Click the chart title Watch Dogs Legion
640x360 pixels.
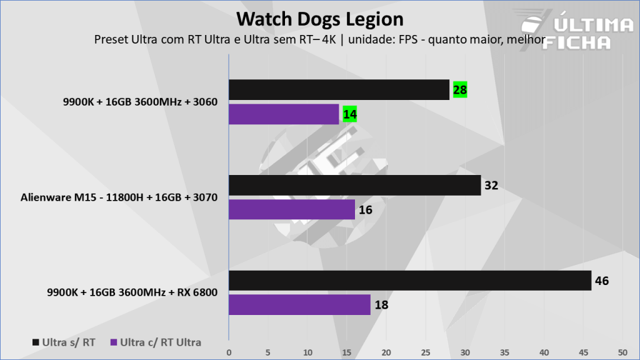coord(319,19)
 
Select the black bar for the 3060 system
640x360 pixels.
coord(339,90)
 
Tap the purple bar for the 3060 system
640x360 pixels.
coord(284,114)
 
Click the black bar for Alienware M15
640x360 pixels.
coord(354,186)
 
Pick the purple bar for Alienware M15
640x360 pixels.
coord(291,210)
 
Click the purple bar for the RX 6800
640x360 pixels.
coord(299,305)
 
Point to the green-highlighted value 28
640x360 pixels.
coord(460,90)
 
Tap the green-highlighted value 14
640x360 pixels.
coord(349,114)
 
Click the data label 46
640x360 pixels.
coord(602,281)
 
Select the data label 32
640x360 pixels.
coord(491,186)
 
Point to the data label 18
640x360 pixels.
coord(381,305)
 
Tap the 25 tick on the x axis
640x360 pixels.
coord(426,352)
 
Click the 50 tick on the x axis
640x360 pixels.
coord(622,352)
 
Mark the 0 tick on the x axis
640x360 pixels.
coord(229,352)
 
